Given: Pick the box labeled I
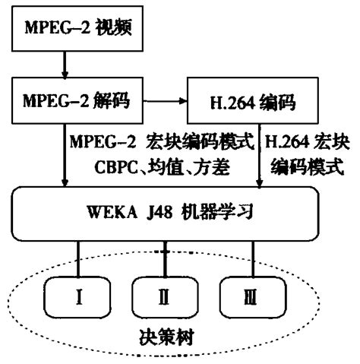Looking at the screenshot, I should click(79, 293).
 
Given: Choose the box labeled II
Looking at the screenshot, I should click(165, 293).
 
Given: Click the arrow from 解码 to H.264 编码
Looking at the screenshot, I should click(159, 100).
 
